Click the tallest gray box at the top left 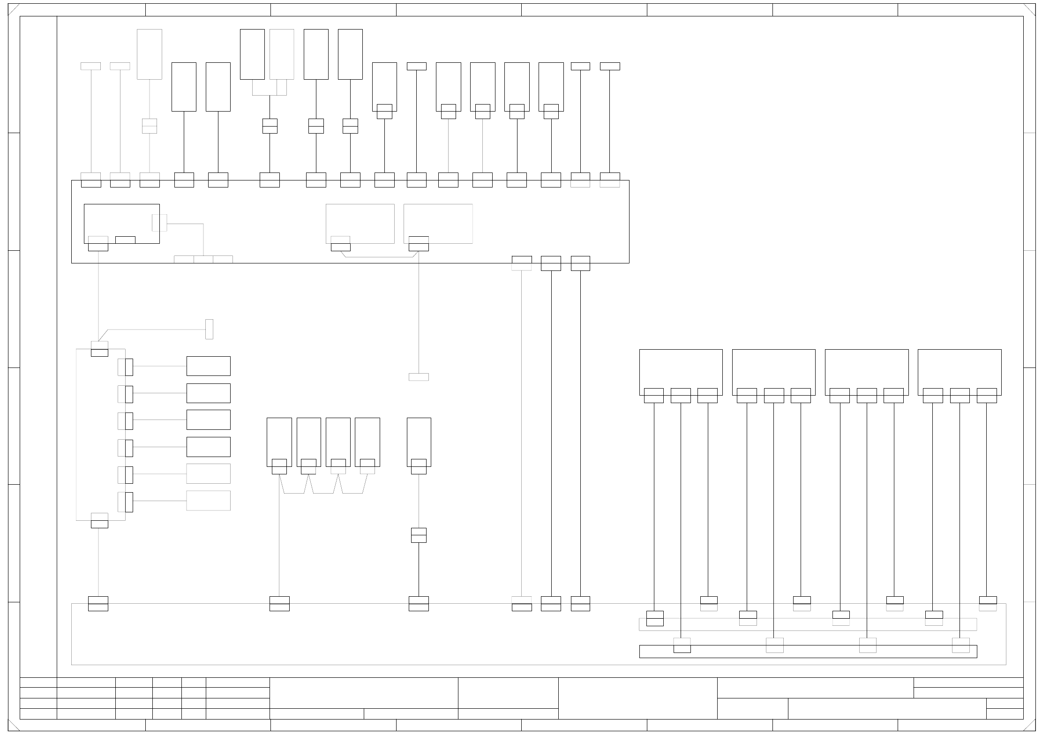[149, 54]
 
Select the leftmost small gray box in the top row [90, 66]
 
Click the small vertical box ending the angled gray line [209, 329]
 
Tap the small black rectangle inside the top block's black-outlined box [125, 240]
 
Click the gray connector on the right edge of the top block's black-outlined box [159, 223]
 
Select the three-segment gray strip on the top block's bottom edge [203, 259]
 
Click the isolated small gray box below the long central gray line [419, 377]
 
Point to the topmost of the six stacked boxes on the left [208, 366]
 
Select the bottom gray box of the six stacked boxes [208, 501]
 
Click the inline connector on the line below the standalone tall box [419, 535]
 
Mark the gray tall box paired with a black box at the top [282, 54]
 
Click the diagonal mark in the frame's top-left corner [14, 10]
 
